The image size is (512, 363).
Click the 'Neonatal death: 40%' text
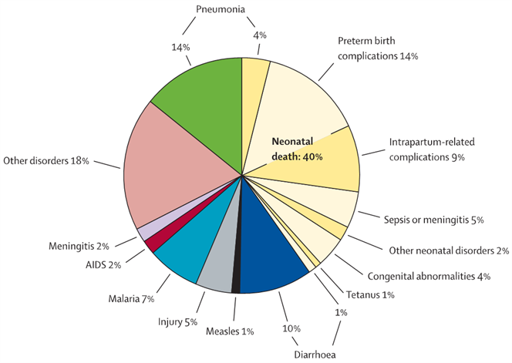[297, 150]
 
